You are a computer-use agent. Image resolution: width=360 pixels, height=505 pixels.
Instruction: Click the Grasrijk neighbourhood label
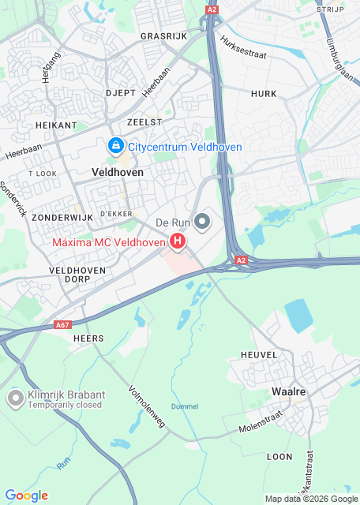(x=163, y=36)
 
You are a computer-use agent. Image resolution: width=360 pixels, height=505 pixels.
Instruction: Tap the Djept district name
(x=121, y=93)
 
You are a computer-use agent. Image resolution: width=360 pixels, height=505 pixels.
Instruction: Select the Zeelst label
(x=144, y=122)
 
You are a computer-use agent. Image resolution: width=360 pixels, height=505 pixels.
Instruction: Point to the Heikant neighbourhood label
(x=56, y=125)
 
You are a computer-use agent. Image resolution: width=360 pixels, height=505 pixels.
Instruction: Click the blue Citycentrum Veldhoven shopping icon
(x=116, y=147)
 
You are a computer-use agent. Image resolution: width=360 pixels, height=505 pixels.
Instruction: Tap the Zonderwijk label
(x=58, y=216)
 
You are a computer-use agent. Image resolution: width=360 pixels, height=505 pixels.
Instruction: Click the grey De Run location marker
(x=203, y=223)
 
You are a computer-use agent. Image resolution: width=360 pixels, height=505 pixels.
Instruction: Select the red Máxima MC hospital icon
(x=178, y=241)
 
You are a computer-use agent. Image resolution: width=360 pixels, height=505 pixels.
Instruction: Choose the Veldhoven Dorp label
(x=77, y=275)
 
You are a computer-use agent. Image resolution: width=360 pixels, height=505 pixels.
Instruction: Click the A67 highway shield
(x=63, y=324)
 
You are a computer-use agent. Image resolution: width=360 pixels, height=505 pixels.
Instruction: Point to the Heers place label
(x=88, y=339)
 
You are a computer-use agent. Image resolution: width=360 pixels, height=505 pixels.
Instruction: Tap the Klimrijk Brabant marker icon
(x=15, y=398)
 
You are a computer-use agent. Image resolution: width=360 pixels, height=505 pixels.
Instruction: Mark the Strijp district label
(x=330, y=9)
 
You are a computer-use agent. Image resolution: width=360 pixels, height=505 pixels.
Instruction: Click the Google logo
(x=26, y=496)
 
